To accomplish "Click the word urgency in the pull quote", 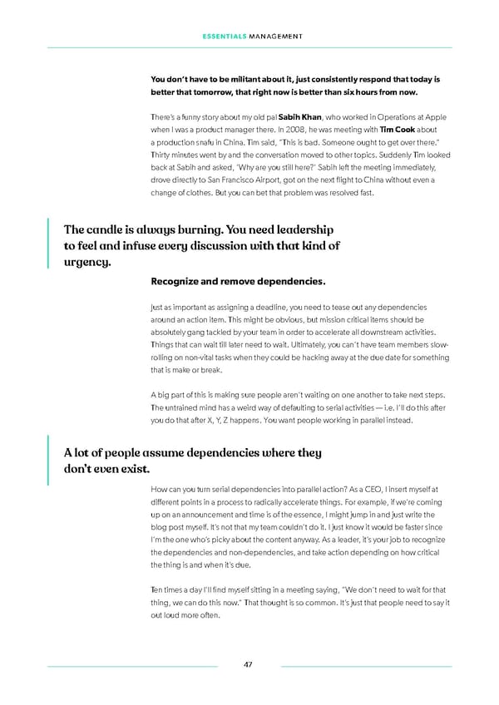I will [x=86, y=263].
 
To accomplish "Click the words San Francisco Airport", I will [x=235, y=179].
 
